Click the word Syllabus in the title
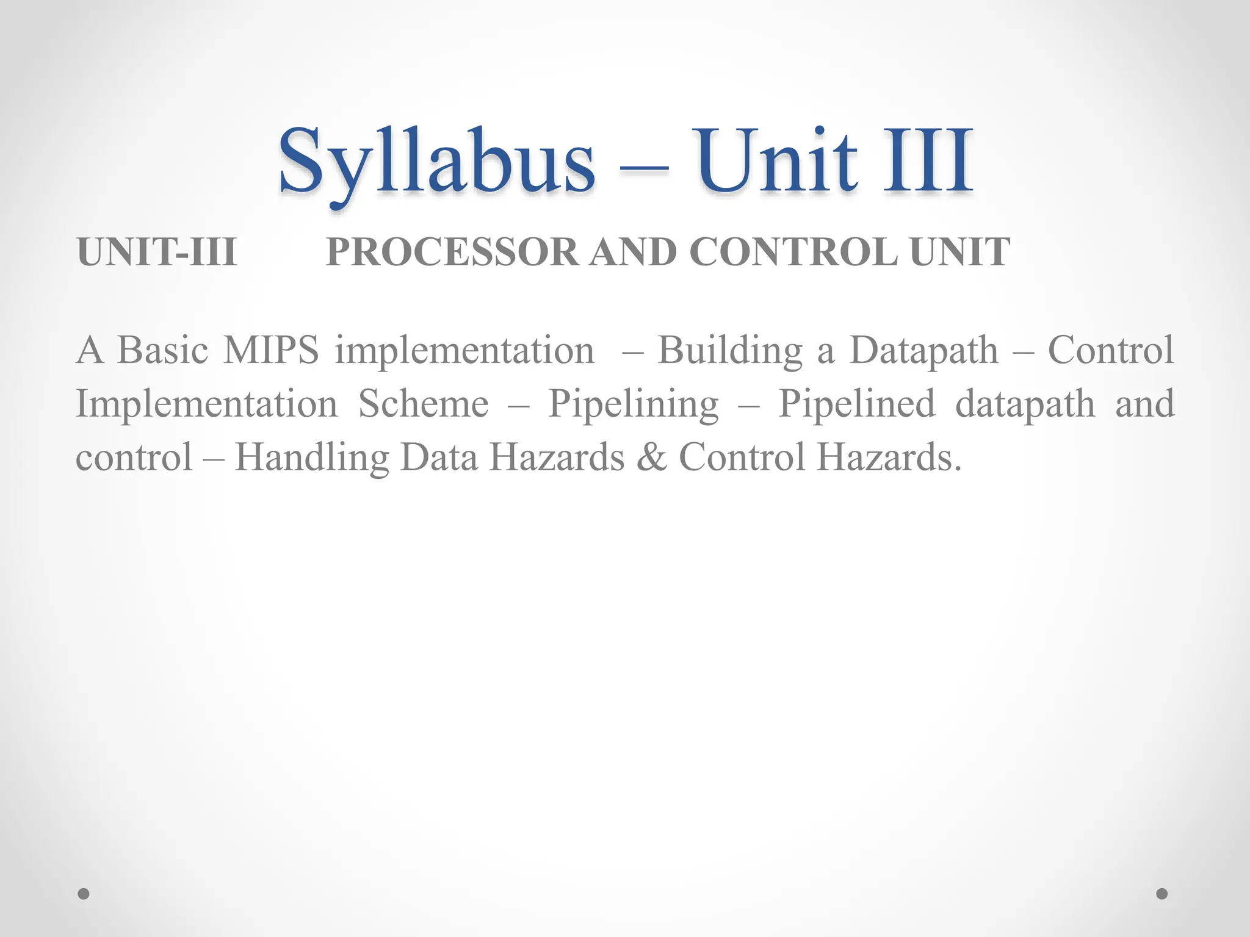pyautogui.click(x=436, y=162)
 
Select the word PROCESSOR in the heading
pyautogui.click(x=452, y=252)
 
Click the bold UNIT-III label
pyautogui.click(x=157, y=252)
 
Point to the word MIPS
pyautogui.click(x=270, y=351)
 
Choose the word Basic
pyautogui.click(x=162, y=351)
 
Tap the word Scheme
pyautogui.click(x=424, y=404)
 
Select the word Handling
pyautogui.click(x=312, y=458)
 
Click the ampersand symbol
pyautogui.click(x=651, y=458)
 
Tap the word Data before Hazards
pyautogui.click(x=439, y=458)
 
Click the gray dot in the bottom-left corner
pyautogui.click(x=84, y=894)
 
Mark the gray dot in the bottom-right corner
pyautogui.click(x=1162, y=894)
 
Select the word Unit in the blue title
pyautogui.click(x=778, y=162)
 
